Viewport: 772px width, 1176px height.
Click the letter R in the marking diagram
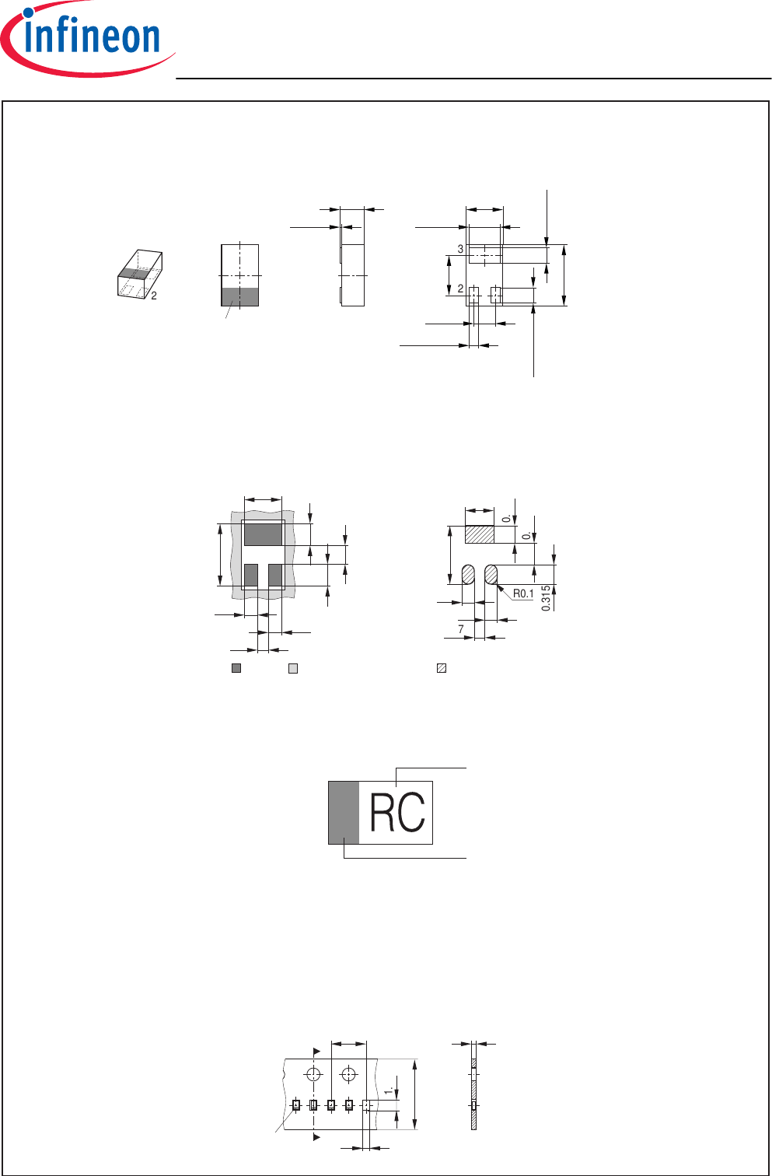pos(383,813)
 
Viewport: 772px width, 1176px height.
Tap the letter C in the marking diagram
pos(412,813)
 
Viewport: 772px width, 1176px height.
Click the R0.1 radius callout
pos(523,594)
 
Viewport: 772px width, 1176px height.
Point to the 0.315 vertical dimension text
pos(547,598)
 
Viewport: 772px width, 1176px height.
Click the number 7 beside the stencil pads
pos(461,629)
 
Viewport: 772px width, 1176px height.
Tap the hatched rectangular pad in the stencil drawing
pos(480,535)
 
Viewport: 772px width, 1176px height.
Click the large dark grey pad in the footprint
pos(263,535)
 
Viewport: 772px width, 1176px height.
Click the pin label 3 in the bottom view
pos(460,250)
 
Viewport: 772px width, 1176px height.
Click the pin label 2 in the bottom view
pos(460,289)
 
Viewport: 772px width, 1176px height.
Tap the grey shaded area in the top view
pos(240,297)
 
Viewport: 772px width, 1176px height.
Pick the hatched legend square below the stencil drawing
pos(442,667)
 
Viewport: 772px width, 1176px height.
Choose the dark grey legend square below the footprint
pos(236,667)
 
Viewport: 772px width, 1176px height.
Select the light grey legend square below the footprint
pos(293,667)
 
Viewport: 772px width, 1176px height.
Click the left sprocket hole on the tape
pos(313,1074)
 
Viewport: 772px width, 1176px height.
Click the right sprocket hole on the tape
pos(349,1074)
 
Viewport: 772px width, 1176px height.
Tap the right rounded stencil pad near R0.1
pos(491,575)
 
